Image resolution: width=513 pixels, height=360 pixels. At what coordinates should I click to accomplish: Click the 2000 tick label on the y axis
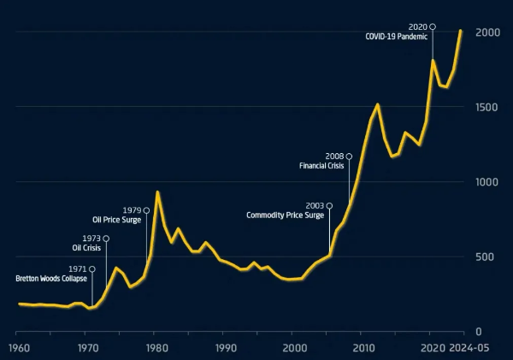pos(488,32)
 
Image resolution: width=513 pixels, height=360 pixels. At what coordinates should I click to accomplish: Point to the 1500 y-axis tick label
pos(488,108)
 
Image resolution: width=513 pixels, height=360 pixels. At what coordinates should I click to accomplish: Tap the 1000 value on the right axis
pos(488,182)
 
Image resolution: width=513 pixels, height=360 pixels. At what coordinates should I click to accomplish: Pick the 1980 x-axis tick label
pos(156,348)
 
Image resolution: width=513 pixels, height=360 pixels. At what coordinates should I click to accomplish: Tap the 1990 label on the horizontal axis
pos(225,348)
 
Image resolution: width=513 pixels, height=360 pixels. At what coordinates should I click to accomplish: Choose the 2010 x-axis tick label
pos(364,348)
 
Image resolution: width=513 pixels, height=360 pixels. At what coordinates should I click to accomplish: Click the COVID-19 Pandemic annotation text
pos(396,38)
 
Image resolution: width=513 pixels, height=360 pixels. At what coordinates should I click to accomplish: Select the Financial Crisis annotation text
pos(321,166)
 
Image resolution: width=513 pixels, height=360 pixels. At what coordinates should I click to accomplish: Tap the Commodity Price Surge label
pos(286,215)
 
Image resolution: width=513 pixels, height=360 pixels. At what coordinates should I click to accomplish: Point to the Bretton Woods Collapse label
pos(51,279)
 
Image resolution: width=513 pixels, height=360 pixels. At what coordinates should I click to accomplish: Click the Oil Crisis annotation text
pos(86,248)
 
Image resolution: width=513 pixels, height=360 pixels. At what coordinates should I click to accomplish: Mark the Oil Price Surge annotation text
pos(117,220)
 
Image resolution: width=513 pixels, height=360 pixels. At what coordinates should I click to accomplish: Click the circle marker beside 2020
pos(433,27)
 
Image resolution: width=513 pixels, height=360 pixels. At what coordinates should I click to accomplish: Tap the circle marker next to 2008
pos(349,156)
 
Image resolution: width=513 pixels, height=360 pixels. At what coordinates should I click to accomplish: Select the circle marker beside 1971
pos(92,269)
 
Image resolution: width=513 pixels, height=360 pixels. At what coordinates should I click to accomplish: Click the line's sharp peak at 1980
pos(156,192)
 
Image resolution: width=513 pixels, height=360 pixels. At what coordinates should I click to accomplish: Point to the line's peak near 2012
pos(377,104)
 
